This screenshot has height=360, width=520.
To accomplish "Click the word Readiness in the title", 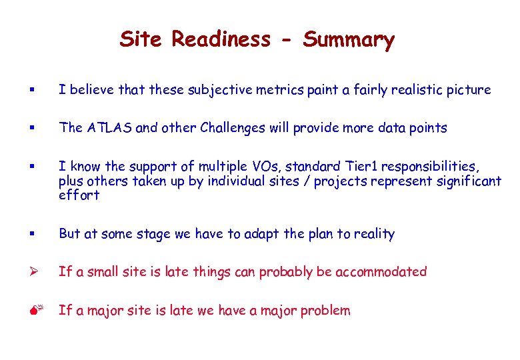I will [x=221, y=39].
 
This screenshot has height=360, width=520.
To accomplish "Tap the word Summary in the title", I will [x=349, y=39].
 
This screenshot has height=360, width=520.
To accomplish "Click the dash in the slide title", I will [x=287, y=41].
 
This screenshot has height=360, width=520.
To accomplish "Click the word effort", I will [x=79, y=195].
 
